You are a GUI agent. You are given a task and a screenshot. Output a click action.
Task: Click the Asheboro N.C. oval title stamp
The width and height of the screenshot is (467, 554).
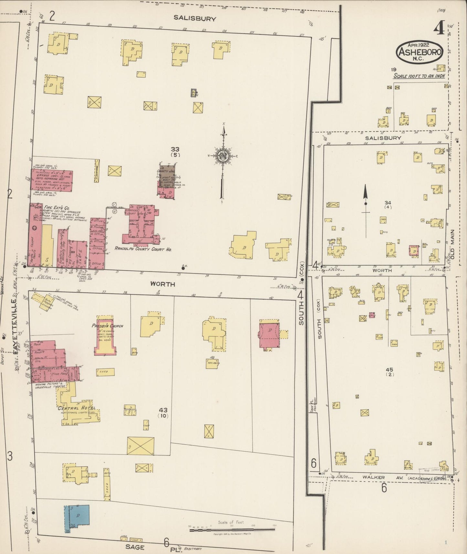click(419, 52)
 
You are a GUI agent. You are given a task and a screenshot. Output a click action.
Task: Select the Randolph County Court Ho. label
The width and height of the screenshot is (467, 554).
click(143, 250)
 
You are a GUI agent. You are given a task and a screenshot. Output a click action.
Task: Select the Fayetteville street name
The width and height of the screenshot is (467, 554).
click(14, 326)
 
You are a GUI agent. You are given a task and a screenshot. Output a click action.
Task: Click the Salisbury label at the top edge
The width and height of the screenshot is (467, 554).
click(195, 18)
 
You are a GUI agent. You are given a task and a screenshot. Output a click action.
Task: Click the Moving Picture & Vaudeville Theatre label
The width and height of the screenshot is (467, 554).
click(50, 385)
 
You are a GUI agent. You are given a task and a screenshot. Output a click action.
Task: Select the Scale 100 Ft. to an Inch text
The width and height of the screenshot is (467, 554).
click(419, 76)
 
